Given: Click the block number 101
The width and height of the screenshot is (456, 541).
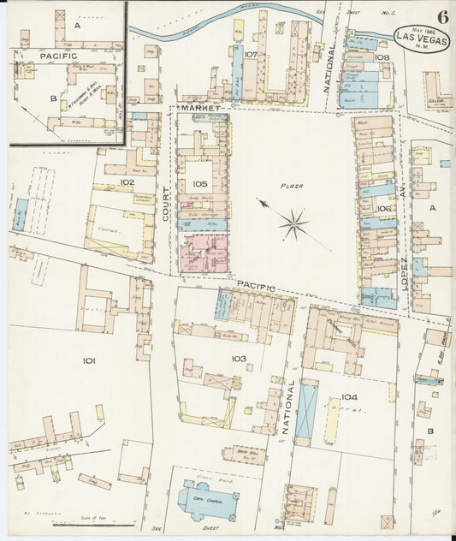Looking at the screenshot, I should point(88,361).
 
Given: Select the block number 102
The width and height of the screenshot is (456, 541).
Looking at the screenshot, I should point(127,182).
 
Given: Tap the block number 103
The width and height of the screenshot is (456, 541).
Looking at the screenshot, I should point(238,358).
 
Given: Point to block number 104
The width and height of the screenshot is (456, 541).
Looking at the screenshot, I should point(348,397).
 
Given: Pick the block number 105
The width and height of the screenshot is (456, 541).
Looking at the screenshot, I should point(200,184).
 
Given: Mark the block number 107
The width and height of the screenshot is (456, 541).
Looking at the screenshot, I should point(250,55).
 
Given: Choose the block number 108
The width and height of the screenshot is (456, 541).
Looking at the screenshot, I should point(382,57).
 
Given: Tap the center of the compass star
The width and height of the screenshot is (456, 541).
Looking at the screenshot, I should point(293,224).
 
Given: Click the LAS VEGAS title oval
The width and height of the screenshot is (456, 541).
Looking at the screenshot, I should point(419,38).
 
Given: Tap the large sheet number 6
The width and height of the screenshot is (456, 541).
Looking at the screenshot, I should point(442,16).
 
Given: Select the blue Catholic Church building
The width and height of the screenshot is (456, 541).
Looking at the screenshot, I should point(204,499).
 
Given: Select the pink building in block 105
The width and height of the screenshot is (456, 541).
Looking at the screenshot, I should point(203,253).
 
